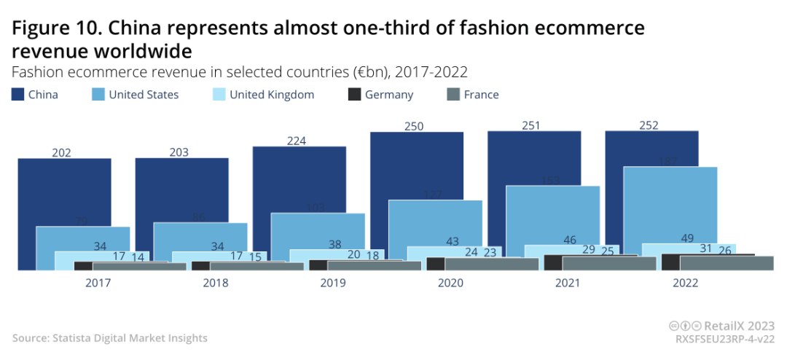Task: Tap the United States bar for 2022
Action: click(670, 204)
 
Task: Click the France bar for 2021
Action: click(609, 264)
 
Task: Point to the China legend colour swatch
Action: click(17, 95)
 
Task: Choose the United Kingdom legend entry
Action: click(272, 95)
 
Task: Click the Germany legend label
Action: click(389, 95)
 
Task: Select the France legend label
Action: click(481, 95)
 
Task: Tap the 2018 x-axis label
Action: click(215, 283)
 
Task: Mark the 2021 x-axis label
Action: click(568, 283)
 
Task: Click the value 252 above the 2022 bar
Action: click(648, 125)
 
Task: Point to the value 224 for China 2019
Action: click(296, 141)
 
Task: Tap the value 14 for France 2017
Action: click(138, 257)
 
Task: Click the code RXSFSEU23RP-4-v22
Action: click(725, 339)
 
